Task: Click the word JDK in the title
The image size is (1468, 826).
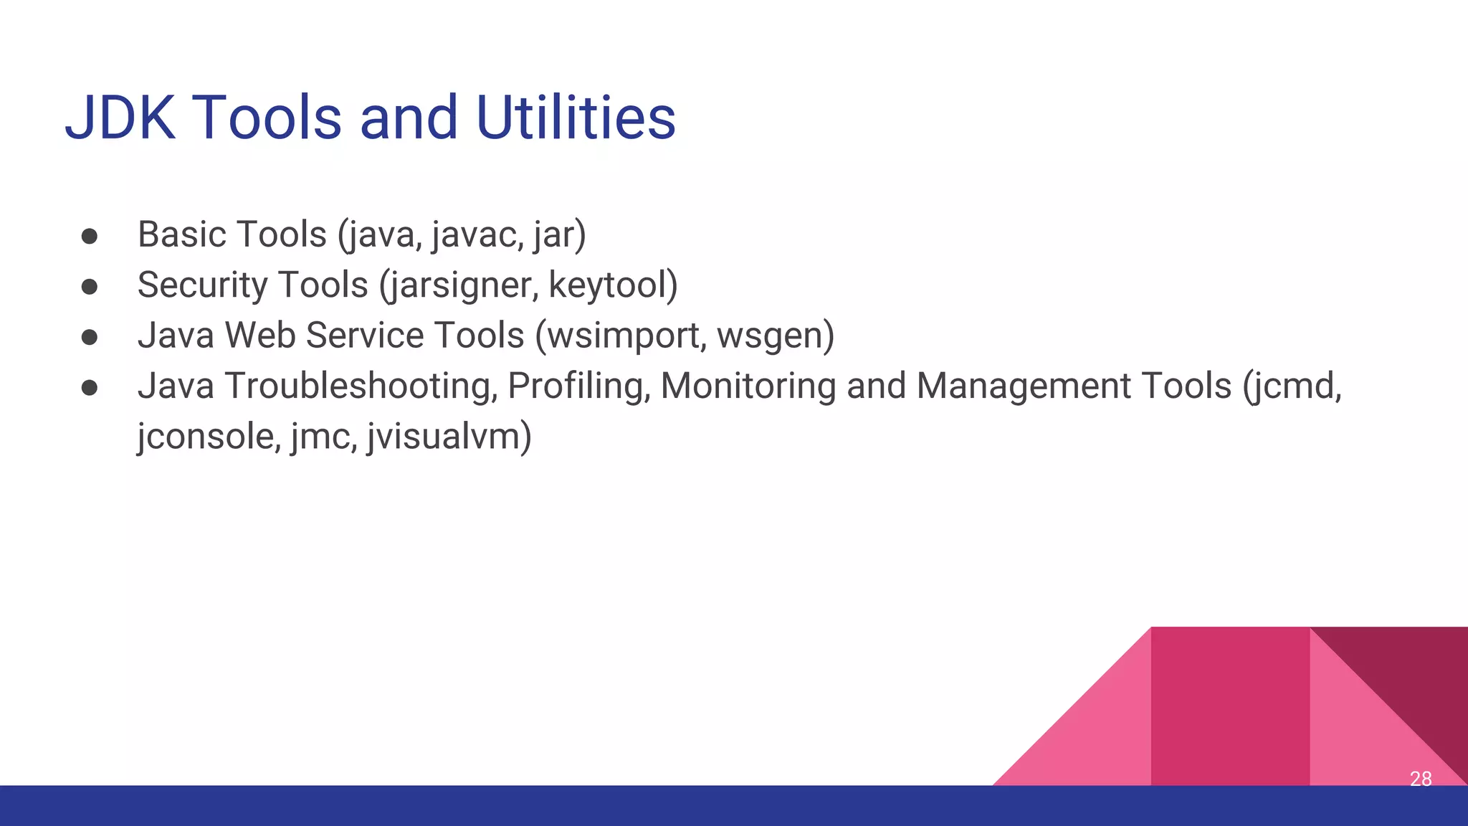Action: pyautogui.click(x=120, y=118)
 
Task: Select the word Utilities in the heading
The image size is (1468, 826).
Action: pyautogui.click(x=576, y=118)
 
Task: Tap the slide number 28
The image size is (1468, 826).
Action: pyautogui.click(x=1420, y=779)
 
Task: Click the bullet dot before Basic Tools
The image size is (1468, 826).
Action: pyautogui.click(x=90, y=237)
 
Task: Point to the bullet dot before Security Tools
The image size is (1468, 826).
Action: pyautogui.click(x=90, y=287)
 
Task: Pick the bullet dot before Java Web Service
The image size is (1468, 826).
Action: pyautogui.click(x=90, y=337)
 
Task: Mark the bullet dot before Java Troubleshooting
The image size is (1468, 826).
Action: pyautogui.click(x=90, y=388)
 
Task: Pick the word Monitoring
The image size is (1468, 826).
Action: pyautogui.click(x=748, y=386)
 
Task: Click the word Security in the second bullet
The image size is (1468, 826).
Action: pyautogui.click(x=203, y=285)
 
